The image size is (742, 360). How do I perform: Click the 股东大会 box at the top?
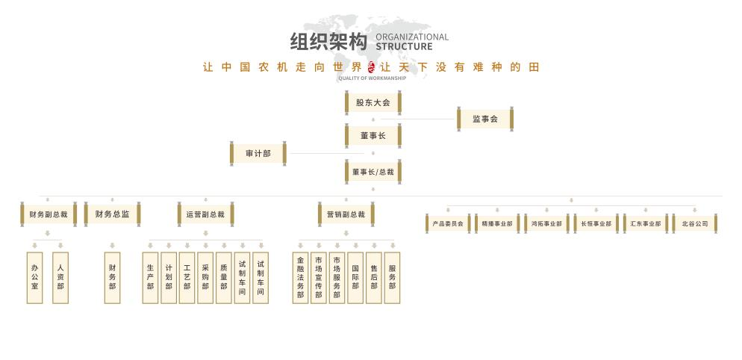[x=372, y=102]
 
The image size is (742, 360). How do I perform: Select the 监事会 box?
[x=485, y=119]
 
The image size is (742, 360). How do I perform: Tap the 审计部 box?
[x=258, y=154]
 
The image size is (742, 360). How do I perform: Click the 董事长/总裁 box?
[x=372, y=172]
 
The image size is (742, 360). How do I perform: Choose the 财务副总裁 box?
[x=48, y=214]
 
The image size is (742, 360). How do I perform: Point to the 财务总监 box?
[x=112, y=214]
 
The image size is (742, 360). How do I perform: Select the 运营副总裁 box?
[x=205, y=214]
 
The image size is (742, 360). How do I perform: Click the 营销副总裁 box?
[x=346, y=214]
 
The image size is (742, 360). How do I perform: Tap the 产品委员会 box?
[x=448, y=223]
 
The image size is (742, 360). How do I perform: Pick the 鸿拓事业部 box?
[x=546, y=223]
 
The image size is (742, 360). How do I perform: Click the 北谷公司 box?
[x=694, y=223]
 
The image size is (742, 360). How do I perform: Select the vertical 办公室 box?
[x=34, y=277]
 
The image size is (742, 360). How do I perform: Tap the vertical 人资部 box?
[x=60, y=277]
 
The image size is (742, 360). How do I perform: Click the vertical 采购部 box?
[x=205, y=277]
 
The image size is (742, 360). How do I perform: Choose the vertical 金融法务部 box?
[x=300, y=277]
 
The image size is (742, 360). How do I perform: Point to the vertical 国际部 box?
[x=355, y=277]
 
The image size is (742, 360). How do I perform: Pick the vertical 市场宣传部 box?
[x=319, y=277]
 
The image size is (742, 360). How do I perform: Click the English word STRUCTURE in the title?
[x=404, y=46]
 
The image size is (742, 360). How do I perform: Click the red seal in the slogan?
[x=372, y=66]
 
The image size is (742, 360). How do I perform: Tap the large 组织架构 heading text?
[x=328, y=42]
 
